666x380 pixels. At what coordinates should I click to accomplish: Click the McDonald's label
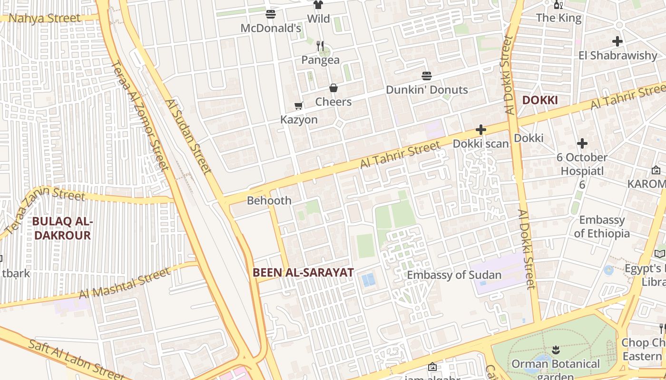coord(271,28)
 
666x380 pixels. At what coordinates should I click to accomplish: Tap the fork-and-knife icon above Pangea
coord(320,46)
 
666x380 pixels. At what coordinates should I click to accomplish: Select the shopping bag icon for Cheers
coord(333,88)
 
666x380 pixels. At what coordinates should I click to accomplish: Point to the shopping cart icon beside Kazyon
coord(299,106)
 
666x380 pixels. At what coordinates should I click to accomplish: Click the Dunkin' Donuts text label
coord(427,90)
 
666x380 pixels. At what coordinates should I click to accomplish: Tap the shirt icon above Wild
coord(318,5)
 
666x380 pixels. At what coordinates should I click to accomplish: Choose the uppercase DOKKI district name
coord(539,100)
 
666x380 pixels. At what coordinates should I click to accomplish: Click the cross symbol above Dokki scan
coord(481,130)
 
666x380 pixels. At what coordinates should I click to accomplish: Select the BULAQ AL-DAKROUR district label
coord(62,228)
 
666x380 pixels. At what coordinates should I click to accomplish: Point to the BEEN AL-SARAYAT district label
coord(303,273)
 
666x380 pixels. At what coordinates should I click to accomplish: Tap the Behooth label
coord(269,200)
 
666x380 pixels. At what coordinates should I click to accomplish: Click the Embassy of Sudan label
coord(454,275)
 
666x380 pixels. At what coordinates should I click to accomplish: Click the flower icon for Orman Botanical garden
coord(556,351)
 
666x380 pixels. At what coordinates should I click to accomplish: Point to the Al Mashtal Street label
coord(124,284)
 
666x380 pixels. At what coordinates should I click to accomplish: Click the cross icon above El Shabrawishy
coord(617,41)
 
